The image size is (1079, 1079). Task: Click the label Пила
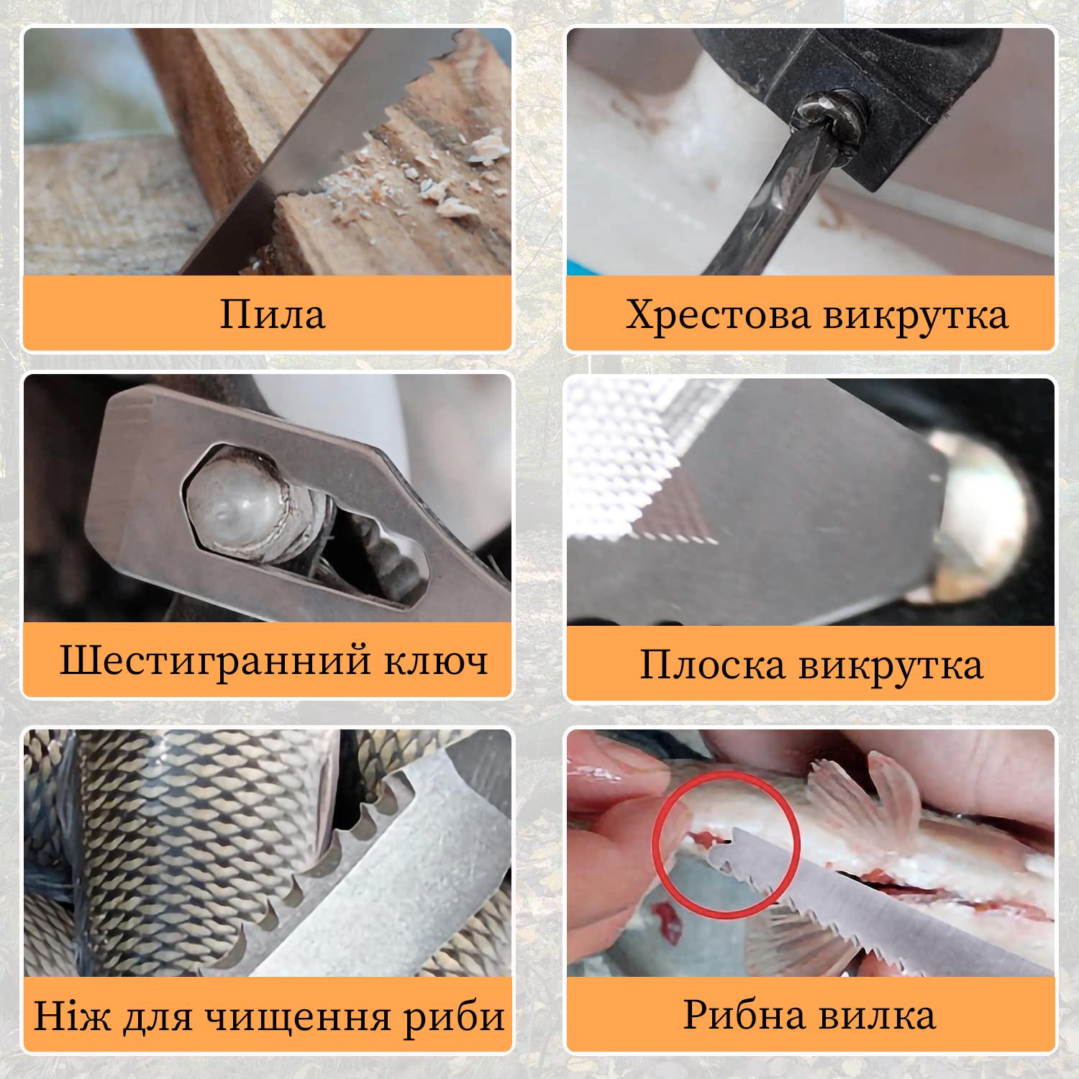pyautogui.click(x=272, y=314)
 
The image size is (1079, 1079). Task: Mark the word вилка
pyautogui.click(x=871, y=1015)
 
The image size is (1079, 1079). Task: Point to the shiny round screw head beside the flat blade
pyautogui.click(x=990, y=514)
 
